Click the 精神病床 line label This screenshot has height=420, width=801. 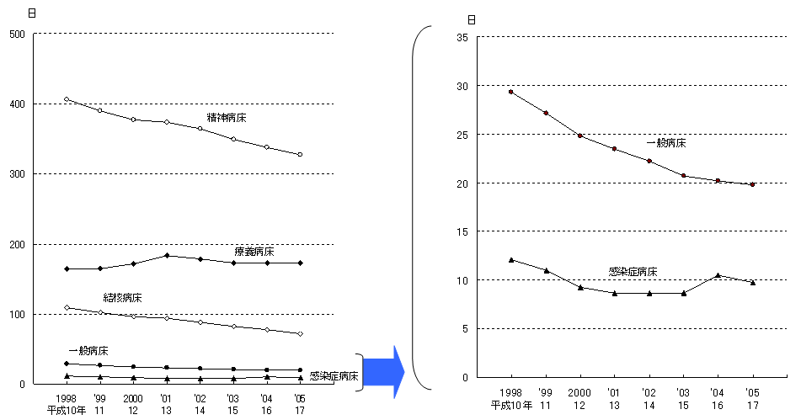point(227,118)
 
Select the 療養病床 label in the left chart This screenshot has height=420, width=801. point(254,252)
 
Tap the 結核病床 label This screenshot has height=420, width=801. point(122,298)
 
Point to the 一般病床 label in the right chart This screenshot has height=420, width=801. point(666,143)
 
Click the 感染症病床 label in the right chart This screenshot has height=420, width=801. point(633,272)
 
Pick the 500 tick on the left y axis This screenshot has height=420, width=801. point(16,34)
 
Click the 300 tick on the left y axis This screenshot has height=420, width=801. point(16,174)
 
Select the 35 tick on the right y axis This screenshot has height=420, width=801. point(462,37)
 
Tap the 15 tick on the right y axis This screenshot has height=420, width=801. point(462,231)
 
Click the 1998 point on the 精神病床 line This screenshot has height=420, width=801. point(67,99)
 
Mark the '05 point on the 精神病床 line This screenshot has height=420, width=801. point(300,155)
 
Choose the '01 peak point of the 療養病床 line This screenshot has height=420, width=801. point(167,255)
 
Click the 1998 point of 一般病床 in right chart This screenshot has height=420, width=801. point(510,92)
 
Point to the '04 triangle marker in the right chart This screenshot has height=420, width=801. point(718,275)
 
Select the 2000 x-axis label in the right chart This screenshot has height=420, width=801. point(579,393)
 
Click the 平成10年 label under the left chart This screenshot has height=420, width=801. point(66,410)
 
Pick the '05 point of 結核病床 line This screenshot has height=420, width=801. point(300,334)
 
